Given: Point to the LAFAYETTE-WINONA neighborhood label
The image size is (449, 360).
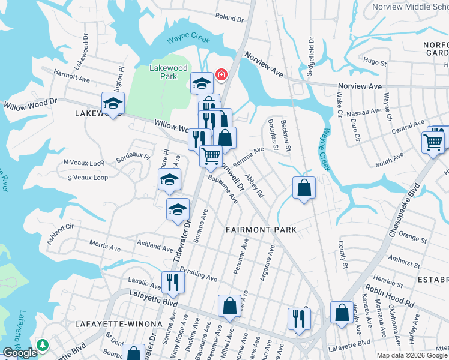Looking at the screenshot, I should tap(119, 323).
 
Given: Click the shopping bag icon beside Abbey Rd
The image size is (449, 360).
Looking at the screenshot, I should tap(304, 188).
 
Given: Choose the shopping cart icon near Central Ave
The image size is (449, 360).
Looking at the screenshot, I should tap(433, 143).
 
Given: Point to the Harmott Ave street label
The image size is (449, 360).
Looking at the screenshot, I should tap(71, 78).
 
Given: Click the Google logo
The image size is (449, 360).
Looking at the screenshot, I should tap(20, 353).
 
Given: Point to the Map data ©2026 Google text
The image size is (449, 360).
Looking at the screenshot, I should tap(412, 355).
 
